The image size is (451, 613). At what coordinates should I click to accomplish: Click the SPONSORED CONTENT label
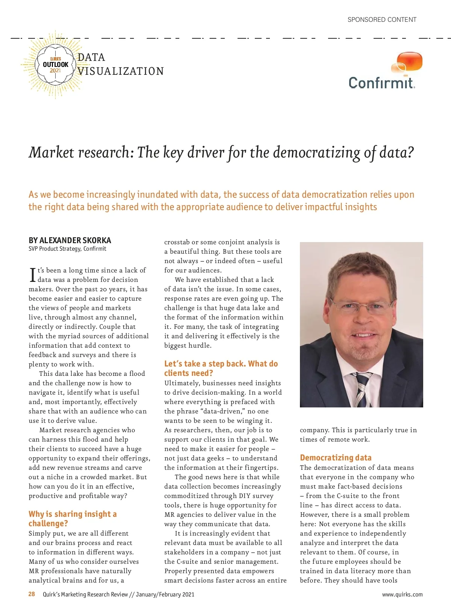382,20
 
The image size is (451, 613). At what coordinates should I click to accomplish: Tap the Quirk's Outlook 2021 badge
55,65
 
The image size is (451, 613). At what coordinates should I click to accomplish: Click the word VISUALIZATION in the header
121,71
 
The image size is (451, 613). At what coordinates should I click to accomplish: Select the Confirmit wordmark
382,83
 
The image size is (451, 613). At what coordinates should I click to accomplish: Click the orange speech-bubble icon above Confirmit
407,62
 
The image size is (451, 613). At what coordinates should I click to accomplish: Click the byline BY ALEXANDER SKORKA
70,240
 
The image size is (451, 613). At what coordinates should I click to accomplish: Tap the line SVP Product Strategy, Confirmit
67,249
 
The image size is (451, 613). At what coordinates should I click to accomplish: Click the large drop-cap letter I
32,275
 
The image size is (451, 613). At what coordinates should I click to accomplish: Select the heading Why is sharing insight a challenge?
73,519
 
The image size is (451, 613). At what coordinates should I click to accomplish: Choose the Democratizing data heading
336,457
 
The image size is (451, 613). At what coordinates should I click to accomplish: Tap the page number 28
32,594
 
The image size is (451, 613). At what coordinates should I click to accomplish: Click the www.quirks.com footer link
402,595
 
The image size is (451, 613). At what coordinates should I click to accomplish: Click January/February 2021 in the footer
165,595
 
